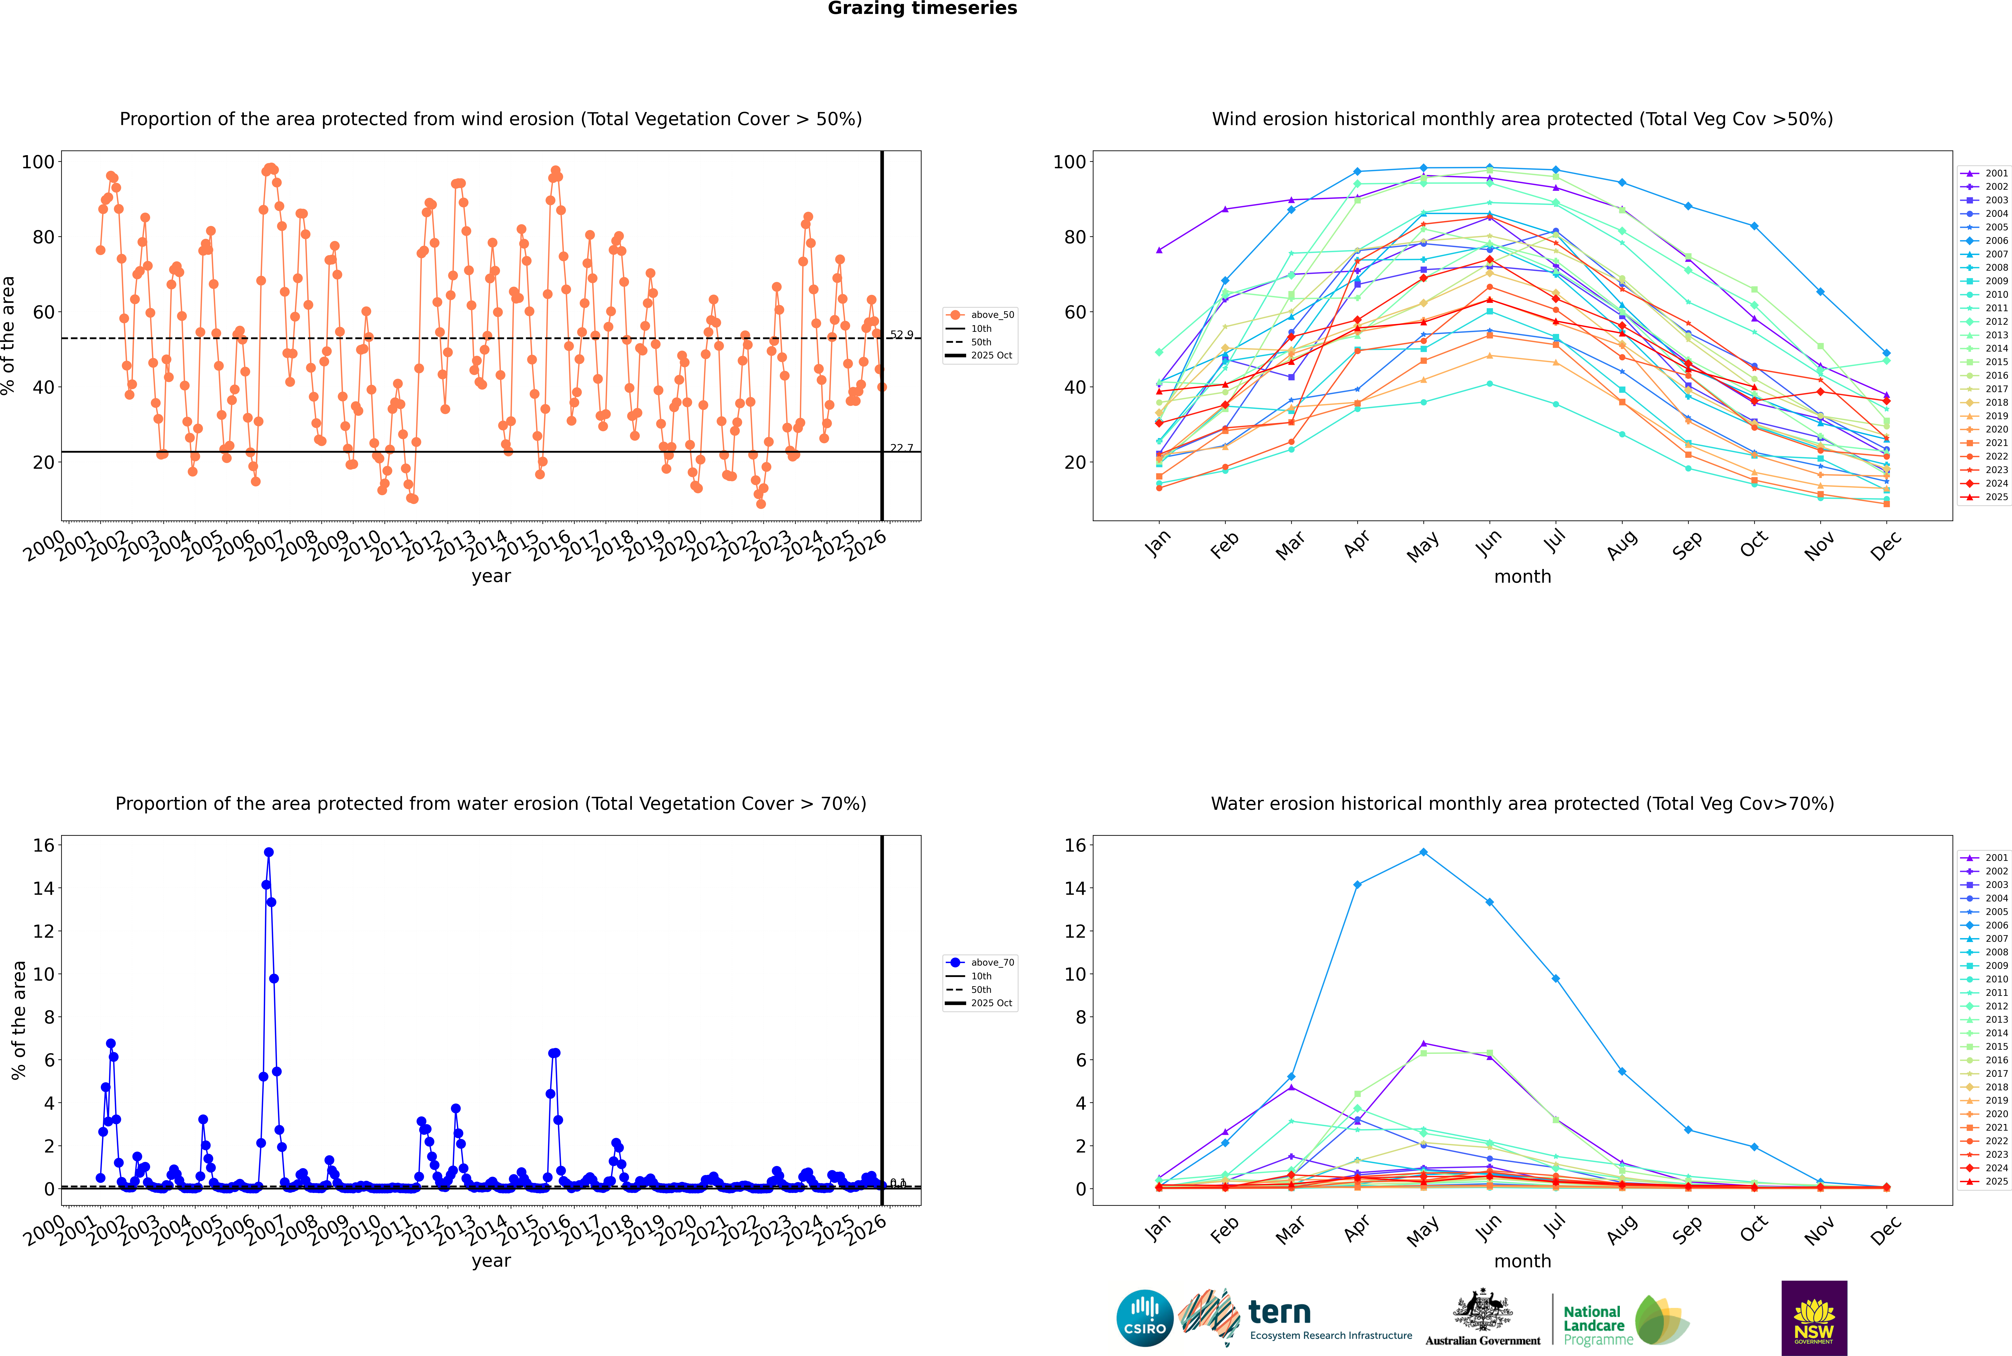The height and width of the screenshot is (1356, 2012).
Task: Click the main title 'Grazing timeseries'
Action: pyautogui.click(x=922, y=9)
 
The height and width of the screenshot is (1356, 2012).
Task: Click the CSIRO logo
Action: pyautogui.click(x=1144, y=1318)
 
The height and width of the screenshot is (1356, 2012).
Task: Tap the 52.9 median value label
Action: pyautogui.click(x=901, y=335)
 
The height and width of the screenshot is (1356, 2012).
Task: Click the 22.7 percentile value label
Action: pyautogui.click(x=901, y=448)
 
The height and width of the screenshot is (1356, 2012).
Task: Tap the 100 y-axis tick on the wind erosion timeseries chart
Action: pyautogui.click(x=38, y=162)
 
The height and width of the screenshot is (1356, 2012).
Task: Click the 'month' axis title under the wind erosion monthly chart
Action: pyautogui.click(x=1522, y=577)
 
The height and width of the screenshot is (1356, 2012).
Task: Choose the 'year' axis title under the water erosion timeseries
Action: pyautogui.click(x=491, y=1261)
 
